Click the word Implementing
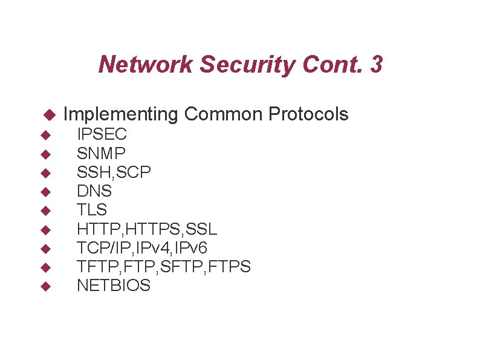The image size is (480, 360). [120, 114]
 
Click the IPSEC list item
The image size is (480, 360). [102, 134]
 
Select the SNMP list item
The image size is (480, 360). [102, 153]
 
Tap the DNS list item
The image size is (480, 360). [94, 191]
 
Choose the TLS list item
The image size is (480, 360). [92, 210]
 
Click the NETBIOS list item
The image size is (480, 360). [114, 286]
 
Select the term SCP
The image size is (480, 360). [135, 172]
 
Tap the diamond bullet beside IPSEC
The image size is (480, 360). [44, 134]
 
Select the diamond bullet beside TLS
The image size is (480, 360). [44, 211]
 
